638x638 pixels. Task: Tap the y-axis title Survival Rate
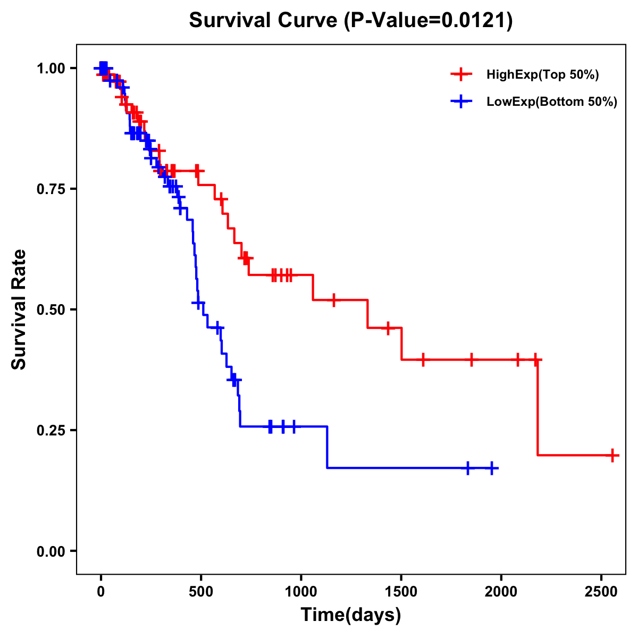pos(19,309)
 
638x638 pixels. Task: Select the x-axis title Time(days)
pos(351,615)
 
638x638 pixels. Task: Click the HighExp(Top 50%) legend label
pos(542,75)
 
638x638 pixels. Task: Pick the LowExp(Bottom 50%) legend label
pos(552,102)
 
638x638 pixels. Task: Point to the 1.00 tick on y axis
pos(51,69)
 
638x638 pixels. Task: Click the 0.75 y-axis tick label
pos(51,189)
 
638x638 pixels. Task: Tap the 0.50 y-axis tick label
pos(51,310)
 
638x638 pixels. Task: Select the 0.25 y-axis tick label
pos(51,431)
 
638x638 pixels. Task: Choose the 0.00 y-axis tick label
pos(51,551)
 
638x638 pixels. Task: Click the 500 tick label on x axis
pos(201,592)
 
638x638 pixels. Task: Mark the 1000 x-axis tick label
pos(301,592)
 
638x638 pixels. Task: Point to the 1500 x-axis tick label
pos(401,592)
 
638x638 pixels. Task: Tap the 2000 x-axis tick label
pos(501,592)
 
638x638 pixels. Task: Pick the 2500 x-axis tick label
pos(601,592)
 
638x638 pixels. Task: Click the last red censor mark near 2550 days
pos(612,456)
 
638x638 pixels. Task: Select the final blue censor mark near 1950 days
pos(492,468)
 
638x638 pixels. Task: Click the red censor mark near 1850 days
pos(471,359)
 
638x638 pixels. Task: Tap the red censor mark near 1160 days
pos(333,300)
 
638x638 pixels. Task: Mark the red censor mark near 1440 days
pos(388,328)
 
